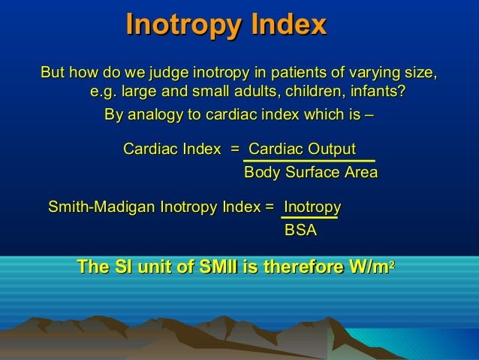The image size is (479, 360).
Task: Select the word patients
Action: [301, 74]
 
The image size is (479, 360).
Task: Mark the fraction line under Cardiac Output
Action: [309, 161]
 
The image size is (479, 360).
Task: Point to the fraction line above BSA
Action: [309, 219]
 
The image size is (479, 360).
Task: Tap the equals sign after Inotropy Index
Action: [270, 207]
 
